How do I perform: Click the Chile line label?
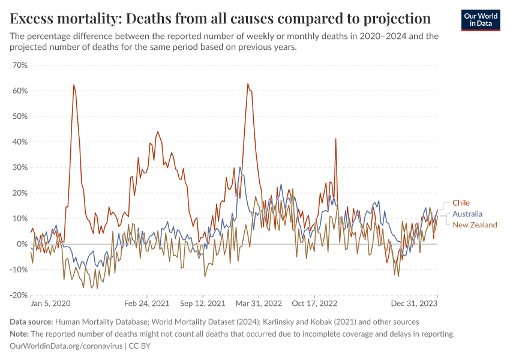pos(461,203)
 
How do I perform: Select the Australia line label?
pos(467,214)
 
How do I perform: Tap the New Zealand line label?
pos(475,224)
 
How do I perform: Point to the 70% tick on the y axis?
pos(20,65)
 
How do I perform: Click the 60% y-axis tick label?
pos(20,91)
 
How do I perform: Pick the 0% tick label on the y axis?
pos(22,244)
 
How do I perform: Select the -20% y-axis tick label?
pos(19,295)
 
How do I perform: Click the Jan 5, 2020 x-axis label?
pos(50,304)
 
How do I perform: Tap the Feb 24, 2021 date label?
pos(147,304)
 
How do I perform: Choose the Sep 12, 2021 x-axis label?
pos(203,304)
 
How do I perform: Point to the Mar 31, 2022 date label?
pos(259,304)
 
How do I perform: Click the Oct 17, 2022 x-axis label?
pos(316,304)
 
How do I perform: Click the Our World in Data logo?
pos(481,19)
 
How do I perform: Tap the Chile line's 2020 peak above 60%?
pos(74,85)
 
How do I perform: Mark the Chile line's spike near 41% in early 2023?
pos(335,139)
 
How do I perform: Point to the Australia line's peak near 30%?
pos(241,167)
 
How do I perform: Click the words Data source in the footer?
pos(32,322)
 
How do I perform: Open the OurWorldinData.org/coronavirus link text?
pos(66,346)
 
